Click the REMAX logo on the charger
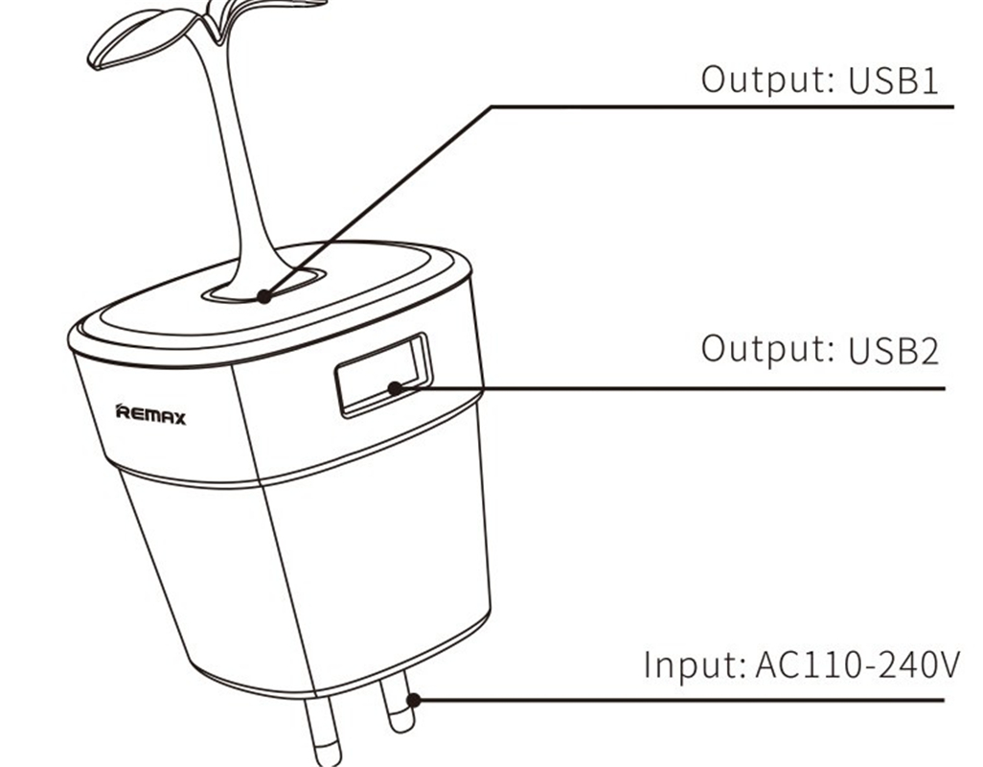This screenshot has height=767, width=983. click(x=150, y=416)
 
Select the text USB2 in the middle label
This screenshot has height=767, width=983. click(x=893, y=350)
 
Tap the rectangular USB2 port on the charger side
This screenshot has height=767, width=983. click(x=381, y=375)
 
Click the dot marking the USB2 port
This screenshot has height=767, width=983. click(x=395, y=388)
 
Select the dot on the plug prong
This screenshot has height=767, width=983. click(x=413, y=700)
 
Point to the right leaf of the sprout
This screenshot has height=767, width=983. click(x=226, y=12)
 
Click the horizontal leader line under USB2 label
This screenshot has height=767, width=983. click(x=671, y=388)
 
